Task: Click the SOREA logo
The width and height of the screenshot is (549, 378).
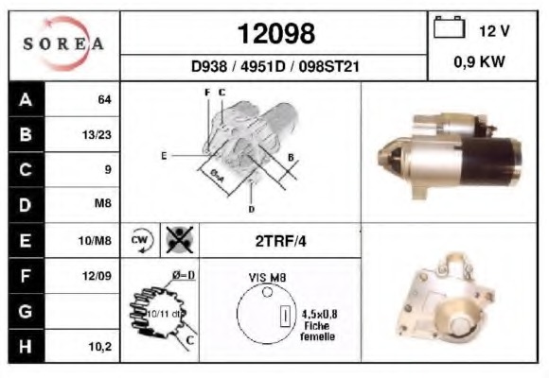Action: click(63, 44)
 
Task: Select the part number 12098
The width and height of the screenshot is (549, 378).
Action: click(275, 34)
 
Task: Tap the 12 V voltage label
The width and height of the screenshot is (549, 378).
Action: click(494, 30)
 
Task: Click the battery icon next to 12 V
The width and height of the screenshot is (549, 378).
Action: click(447, 29)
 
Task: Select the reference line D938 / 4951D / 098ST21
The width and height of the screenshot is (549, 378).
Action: click(274, 68)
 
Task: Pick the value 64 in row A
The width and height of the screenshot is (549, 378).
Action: click(104, 99)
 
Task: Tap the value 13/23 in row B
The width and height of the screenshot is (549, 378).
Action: click(97, 135)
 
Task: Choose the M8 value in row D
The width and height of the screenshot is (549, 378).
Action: click(103, 204)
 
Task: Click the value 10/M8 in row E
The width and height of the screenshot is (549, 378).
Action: click(97, 241)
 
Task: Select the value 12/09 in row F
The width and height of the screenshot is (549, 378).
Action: click(97, 276)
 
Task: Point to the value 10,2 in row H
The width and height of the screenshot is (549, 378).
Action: click(100, 347)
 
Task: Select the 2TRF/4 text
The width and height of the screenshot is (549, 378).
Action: click(281, 241)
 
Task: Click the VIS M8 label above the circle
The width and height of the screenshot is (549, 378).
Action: click(268, 277)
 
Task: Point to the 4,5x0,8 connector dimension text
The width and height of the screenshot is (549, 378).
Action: click(319, 316)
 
